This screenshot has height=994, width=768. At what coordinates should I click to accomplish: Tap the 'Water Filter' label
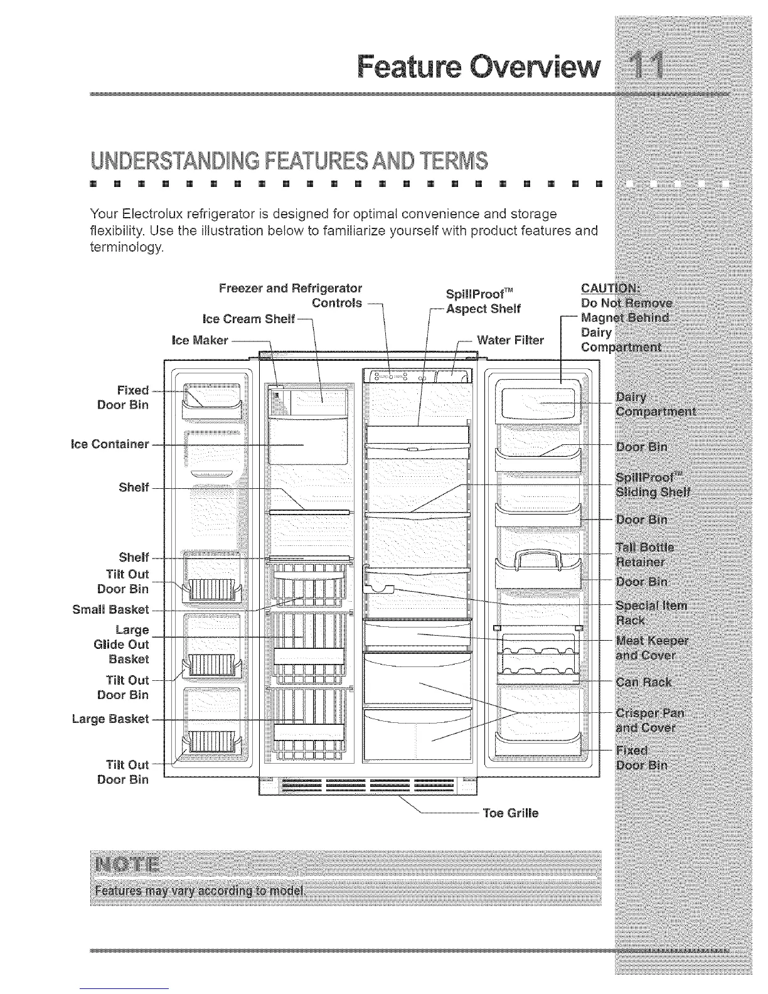click(510, 340)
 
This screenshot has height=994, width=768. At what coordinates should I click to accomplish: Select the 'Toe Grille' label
click(510, 813)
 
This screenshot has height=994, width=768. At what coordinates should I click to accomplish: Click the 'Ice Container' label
click(110, 444)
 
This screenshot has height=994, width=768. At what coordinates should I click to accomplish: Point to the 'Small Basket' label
click(110, 609)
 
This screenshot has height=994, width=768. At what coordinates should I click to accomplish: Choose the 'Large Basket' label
click(110, 719)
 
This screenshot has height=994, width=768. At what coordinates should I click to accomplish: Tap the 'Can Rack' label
click(644, 681)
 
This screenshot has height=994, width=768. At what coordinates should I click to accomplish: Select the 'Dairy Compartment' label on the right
click(656, 404)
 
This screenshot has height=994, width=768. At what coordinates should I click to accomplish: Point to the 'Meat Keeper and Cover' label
click(653, 648)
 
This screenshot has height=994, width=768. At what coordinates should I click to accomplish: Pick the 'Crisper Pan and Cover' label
click(650, 720)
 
